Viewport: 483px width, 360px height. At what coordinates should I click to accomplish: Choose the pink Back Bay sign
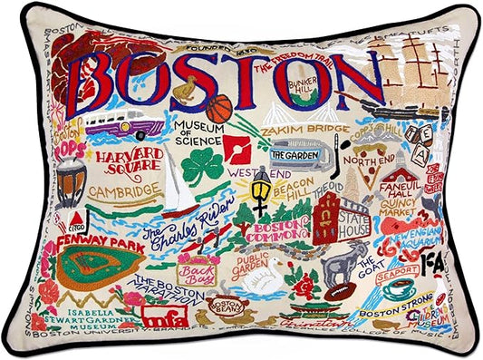[198, 269]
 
